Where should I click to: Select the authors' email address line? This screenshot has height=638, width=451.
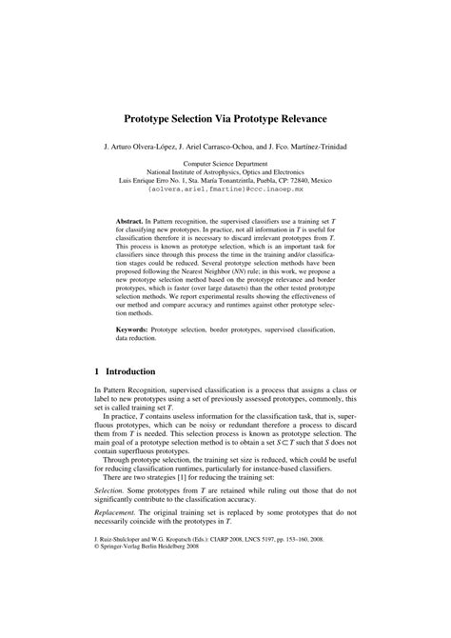[225, 189]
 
